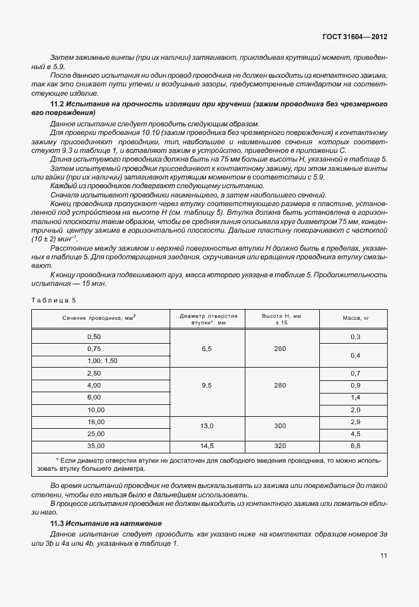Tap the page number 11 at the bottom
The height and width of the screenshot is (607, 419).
coord(383,555)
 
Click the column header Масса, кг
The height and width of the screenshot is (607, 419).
coord(355,318)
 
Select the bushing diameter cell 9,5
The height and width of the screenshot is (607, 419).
coord(208,385)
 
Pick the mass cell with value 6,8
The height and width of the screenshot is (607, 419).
coord(355,445)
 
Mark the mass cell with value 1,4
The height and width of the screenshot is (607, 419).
coord(355,397)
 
